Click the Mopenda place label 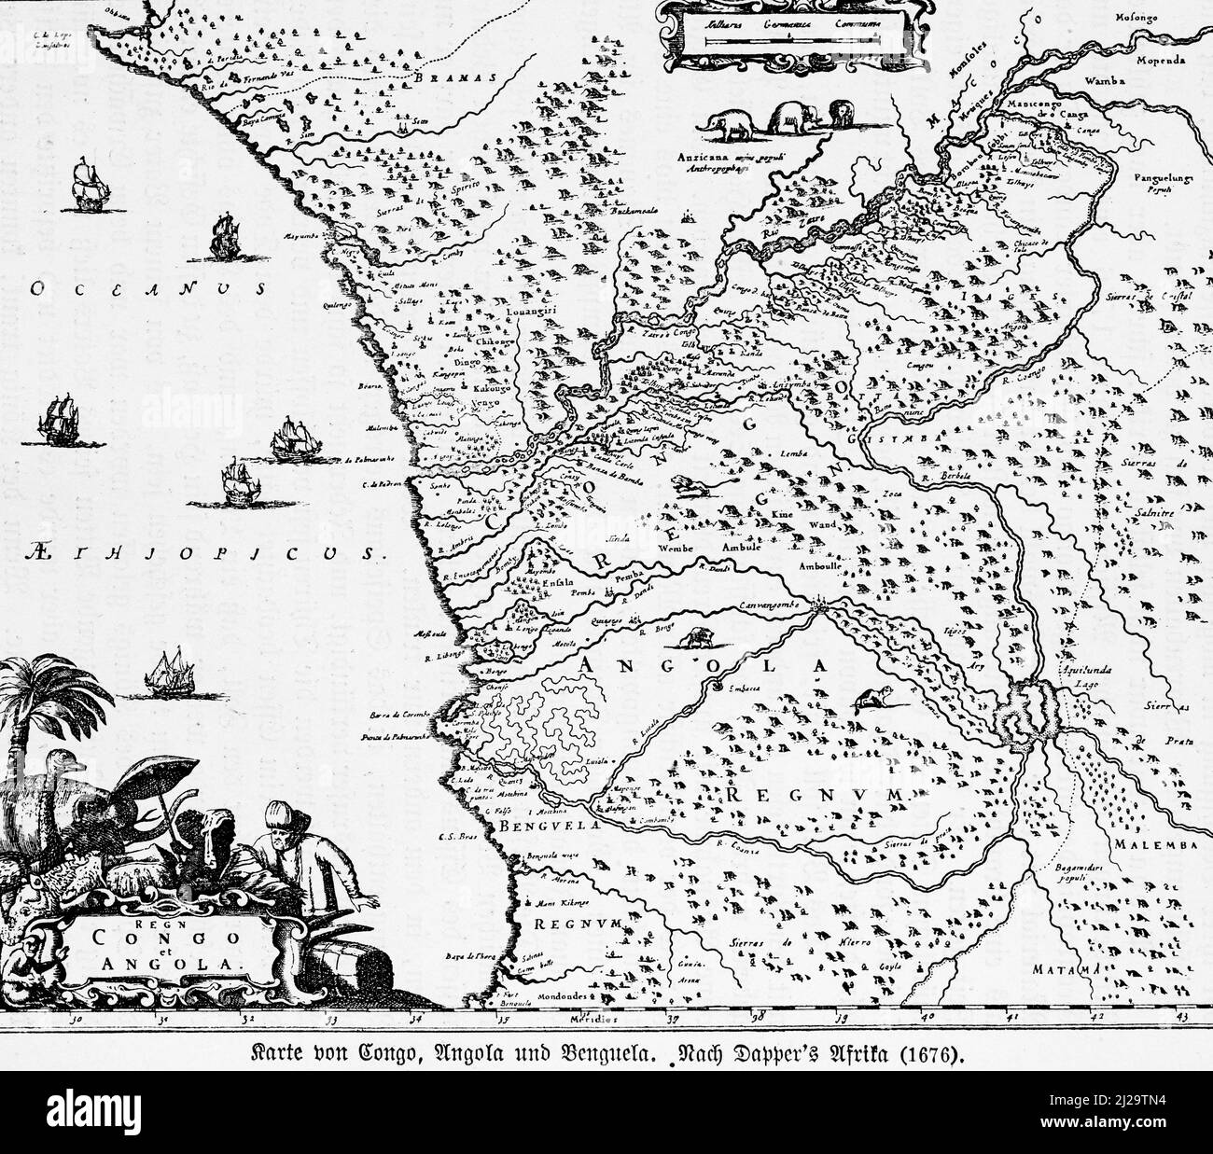1161,61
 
